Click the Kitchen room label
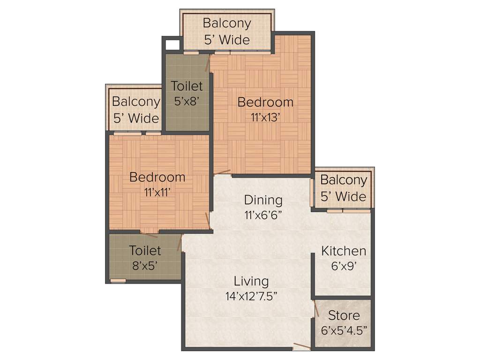click(x=343, y=251)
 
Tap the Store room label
click(x=344, y=315)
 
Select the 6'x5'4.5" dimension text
click(x=344, y=330)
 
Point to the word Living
click(x=251, y=281)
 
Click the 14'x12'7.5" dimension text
click(x=251, y=296)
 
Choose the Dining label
click(x=263, y=200)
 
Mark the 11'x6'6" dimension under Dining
click(x=263, y=215)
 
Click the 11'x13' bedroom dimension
click(x=265, y=117)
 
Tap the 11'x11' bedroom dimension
click(x=157, y=191)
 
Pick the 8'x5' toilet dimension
click(x=145, y=265)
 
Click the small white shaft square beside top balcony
click(x=172, y=45)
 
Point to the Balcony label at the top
click(x=227, y=23)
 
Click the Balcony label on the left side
click(x=135, y=102)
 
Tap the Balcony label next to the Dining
click(x=343, y=180)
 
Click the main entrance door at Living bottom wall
click(x=301, y=347)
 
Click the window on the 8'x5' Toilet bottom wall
click(x=118, y=281)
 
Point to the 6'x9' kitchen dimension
click(x=343, y=266)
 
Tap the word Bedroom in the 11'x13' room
click(x=265, y=102)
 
